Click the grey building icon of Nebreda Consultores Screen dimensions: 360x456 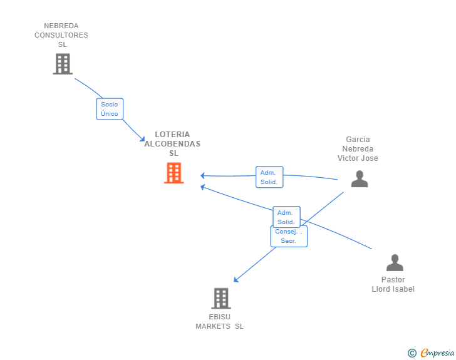(x=63, y=64)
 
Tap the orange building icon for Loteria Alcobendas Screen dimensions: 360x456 (x=174, y=173)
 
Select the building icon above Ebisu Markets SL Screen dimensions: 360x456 (x=221, y=299)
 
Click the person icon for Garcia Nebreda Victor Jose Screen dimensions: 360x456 (x=359, y=179)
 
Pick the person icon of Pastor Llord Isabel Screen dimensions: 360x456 (x=395, y=262)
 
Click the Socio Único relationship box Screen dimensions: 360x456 (x=110, y=109)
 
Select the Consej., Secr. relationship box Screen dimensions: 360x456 (x=289, y=236)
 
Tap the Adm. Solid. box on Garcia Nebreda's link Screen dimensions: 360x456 (x=269, y=177)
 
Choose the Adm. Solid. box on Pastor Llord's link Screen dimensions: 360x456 (x=286, y=217)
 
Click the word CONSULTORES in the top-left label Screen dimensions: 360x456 (x=61, y=35)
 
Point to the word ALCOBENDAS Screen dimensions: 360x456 (x=172, y=143)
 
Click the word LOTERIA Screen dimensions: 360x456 (x=172, y=134)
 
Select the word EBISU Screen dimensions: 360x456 (x=220, y=317)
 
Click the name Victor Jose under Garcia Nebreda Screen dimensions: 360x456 (x=358, y=158)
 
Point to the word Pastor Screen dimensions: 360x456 (x=393, y=280)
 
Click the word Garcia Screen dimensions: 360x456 (x=358, y=140)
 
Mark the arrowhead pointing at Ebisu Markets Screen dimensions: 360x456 (x=236, y=280)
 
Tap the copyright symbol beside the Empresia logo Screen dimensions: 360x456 (x=412, y=353)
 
